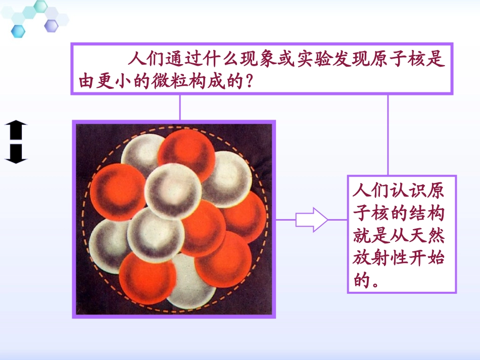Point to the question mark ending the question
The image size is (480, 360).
[x=248, y=82]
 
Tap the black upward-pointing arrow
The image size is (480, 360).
[x=16, y=130]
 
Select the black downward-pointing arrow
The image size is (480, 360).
[x=16, y=153]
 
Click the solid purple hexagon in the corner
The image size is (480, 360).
[x=51, y=25]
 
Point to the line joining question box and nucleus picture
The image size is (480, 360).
[x=180, y=107]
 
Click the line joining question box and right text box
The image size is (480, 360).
[x=388, y=134]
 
